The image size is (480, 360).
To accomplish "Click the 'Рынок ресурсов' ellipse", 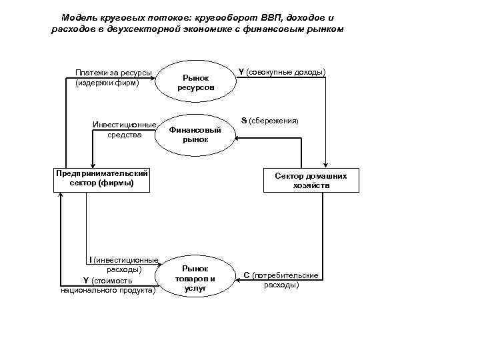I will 195,83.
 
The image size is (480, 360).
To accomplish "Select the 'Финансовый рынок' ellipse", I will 195,135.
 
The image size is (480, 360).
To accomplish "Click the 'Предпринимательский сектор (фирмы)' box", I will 101,179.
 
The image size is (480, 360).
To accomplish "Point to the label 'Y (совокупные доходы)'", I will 283,71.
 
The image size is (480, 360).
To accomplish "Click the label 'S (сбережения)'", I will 269,121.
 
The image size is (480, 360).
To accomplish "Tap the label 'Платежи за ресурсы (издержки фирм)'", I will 113,78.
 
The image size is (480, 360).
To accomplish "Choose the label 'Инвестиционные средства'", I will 125,130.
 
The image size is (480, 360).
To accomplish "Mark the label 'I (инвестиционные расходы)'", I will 123,265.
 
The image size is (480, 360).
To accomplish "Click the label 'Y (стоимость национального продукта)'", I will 108,285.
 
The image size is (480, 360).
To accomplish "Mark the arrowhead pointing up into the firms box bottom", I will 61,194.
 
